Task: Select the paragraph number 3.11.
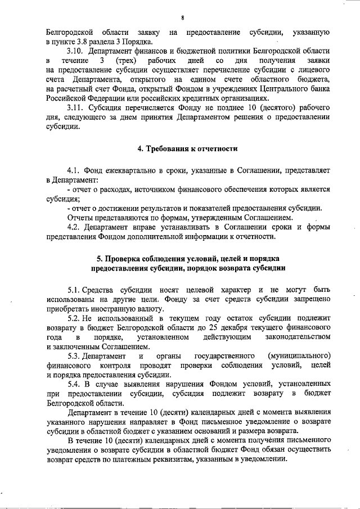(x=75, y=106)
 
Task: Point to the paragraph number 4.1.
(x=74, y=169)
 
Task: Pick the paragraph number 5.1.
(x=74, y=289)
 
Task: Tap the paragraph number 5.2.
(x=74, y=318)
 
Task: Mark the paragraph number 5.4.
(x=74, y=384)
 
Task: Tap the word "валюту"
(x=148, y=309)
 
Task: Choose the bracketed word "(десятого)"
(x=264, y=106)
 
